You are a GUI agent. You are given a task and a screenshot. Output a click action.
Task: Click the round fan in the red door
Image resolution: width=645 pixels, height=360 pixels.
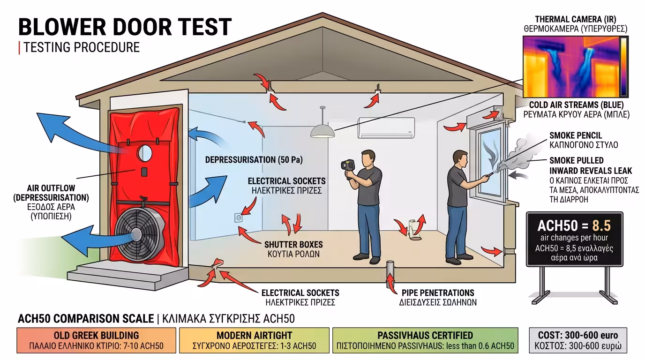[x=138, y=234]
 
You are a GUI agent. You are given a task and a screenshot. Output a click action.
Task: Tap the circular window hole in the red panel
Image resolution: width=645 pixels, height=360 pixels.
[x=144, y=152]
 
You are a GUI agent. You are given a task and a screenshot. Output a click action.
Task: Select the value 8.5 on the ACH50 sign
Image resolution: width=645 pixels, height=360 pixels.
[x=600, y=225]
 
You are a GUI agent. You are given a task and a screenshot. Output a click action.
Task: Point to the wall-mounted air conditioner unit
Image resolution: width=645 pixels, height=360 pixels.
[x=386, y=127]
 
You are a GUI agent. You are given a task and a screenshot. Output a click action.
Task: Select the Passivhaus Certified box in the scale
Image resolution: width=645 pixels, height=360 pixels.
[x=425, y=341]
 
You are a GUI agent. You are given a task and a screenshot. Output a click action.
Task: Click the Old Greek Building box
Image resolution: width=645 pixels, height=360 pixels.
[x=96, y=341]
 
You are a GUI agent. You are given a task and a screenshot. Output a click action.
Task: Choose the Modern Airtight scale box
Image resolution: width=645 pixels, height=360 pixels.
[x=254, y=341]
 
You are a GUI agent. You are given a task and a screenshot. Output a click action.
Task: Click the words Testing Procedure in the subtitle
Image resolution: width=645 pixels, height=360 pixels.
[x=82, y=47]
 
